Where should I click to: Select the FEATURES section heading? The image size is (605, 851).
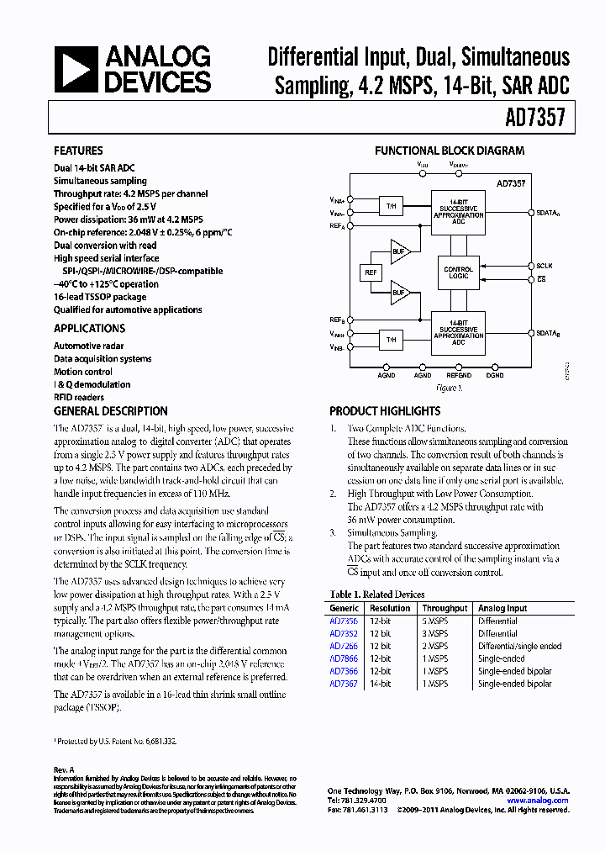[78, 151]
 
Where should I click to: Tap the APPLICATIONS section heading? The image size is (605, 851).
[89, 329]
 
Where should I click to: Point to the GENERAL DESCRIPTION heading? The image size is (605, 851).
[111, 411]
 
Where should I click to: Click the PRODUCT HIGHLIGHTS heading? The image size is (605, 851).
[384, 411]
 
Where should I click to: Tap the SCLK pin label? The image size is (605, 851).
[544, 265]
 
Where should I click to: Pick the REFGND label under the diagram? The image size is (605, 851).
[458, 375]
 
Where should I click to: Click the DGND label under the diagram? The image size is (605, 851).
[495, 375]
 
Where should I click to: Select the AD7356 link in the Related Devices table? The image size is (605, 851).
[343, 621]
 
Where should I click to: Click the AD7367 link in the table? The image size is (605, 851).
[343, 684]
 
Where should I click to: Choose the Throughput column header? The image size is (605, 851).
[445, 608]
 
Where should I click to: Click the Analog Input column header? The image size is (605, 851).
[502, 608]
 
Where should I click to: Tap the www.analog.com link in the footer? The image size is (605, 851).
[537, 801]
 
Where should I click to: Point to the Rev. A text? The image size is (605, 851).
[64, 769]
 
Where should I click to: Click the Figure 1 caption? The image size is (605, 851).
[448, 388]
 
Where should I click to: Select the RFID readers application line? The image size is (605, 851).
[79, 397]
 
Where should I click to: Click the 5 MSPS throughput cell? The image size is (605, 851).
[436, 621]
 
